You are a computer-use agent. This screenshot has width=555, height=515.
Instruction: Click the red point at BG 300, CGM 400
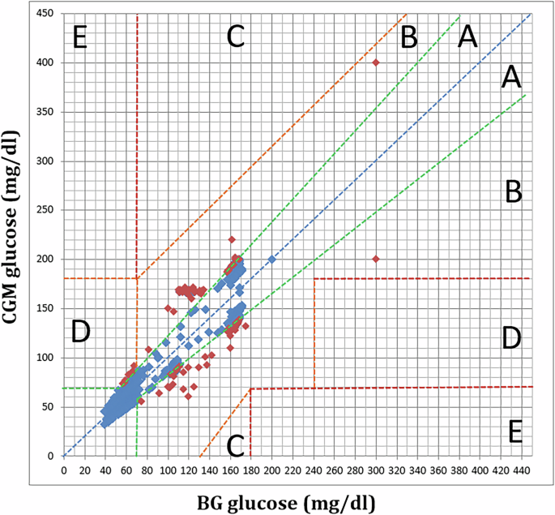point(376,62)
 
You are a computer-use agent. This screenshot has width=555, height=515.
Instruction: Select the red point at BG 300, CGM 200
point(376,259)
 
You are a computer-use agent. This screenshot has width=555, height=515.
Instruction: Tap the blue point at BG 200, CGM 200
point(271,259)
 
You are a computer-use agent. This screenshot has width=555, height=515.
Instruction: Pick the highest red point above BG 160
point(231,239)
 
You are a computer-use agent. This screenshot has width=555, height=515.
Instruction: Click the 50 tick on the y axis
point(51,407)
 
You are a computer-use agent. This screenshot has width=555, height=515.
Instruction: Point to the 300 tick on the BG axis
point(376,469)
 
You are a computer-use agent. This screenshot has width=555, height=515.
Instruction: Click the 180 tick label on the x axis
point(250,469)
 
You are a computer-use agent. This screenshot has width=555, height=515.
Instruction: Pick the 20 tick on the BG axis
point(84,469)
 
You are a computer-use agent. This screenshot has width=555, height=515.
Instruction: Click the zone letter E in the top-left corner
point(79,38)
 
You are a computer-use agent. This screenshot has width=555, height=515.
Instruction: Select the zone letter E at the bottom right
point(514,431)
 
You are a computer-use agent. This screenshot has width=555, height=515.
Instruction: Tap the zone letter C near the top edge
point(235,36)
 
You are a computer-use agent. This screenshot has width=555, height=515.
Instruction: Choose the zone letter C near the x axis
point(236,444)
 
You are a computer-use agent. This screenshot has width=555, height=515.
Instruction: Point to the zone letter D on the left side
point(80,333)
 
